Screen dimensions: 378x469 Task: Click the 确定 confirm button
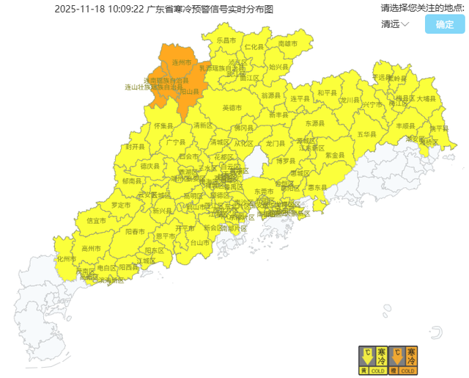(x=445, y=24)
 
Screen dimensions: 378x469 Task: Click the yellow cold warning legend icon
(x=372, y=360)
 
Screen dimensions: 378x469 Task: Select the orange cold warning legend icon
(x=403, y=360)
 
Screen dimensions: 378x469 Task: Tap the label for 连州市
(x=182, y=63)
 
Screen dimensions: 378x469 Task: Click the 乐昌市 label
(x=226, y=40)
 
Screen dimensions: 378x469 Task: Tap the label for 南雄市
(x=288, y=44)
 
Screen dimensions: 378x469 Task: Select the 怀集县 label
(x=163, y=126)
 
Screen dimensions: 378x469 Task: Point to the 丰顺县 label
(x=405, y=126)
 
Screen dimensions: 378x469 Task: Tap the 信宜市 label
(x=97, y=220)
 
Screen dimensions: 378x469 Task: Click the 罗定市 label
(x=121, y=204)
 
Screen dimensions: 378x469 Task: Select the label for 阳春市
(x=135, y=231)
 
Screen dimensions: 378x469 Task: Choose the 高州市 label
(x=91, y=249)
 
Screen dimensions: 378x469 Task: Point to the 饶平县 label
(x=438, y=128)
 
